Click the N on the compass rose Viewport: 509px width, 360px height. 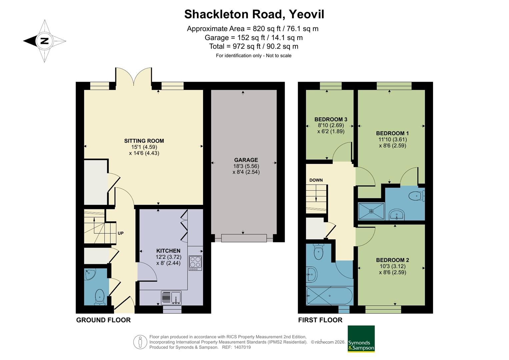(45, 41)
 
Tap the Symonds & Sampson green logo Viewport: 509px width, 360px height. (361, 339)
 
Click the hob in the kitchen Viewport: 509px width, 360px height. (195, 263)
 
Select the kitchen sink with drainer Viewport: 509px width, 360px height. (171, 298)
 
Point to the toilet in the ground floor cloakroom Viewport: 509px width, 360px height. (100, 297)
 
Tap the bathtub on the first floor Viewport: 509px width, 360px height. (329, 296)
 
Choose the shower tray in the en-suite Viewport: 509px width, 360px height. (371, 211)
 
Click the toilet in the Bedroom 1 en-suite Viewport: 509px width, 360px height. (417, 196)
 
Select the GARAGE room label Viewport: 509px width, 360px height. (246, 160)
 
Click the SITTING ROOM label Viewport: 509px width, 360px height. (144, 141)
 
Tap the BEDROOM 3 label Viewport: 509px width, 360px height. (331, 119)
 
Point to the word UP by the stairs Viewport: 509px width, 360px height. (121, 233)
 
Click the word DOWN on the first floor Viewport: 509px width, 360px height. (316, 180)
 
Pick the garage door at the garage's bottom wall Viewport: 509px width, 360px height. (244, 238)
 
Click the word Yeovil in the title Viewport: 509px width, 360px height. (306, 14)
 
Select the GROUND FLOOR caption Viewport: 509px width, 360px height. (103, 320)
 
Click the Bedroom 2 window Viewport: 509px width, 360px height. (383, 310)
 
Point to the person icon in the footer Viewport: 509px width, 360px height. (140, 342)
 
